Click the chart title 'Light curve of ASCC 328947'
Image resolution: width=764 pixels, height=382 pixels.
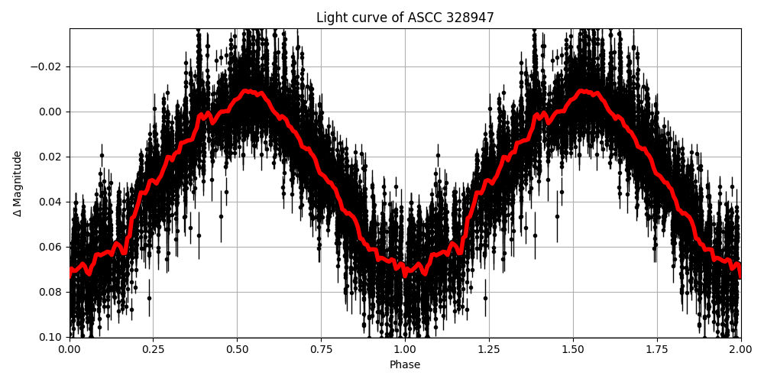pyautogui.click(x=405, y=18)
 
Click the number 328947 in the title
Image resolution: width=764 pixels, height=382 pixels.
pyautogui.click(x=469, y=18)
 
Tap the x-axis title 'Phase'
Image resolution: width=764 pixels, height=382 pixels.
pyautogui.click(x=405, y=365)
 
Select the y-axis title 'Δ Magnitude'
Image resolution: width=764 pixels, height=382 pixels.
pyautogui.click(x=18, y=183)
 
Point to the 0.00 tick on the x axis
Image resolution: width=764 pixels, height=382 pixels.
pyautogui.click(x=70, y=349)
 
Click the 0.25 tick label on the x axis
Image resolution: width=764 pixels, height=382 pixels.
pyautogui.click(x=154, y=349)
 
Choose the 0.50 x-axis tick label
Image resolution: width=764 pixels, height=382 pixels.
pyautogui.click(x=238, y=349)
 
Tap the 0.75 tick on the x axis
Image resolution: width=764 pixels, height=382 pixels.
pyautogui.click(x=321, y=349)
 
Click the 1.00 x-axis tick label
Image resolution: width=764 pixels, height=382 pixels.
pyautogui.click(x=405, y=349)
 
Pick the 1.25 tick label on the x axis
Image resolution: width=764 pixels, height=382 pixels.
pyautogui.click(x=489, y=349)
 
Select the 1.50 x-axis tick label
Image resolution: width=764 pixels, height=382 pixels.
pyautogui.click(x=573, y=349)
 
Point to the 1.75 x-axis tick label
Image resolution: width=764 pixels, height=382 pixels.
pyautogui.click(x=657, y=349)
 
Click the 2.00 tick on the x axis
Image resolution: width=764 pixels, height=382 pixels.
pyautogui.click(x=740, y=349)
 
